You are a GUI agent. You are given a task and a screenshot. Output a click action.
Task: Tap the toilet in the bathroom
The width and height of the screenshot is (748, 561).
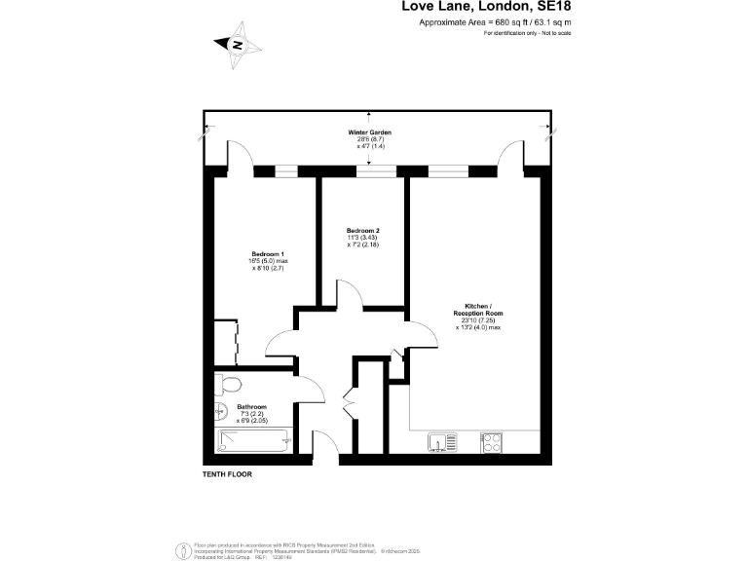[225, 382]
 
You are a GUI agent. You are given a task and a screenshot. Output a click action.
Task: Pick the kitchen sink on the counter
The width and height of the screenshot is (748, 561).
[442, 443]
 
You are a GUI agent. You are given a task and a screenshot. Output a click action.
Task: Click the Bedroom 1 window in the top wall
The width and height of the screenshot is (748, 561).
[285, 171]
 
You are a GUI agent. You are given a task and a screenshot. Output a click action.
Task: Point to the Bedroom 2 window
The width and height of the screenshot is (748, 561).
[376, 171]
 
